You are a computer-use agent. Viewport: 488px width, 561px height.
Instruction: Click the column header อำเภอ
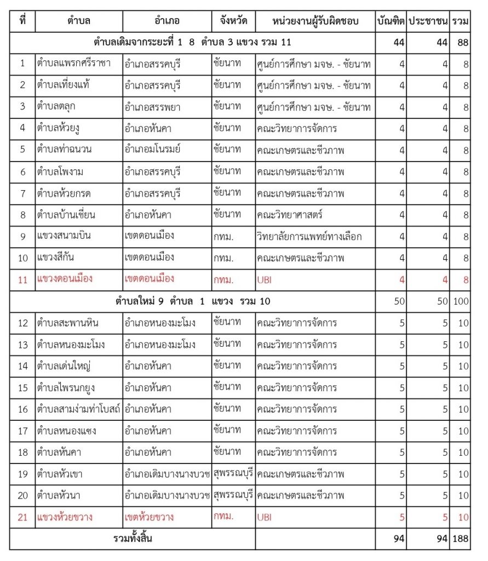pyautogui.click(x=167, y=21)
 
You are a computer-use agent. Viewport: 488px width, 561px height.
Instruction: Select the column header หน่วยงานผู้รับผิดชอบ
pyautogui.click(x=315, y=21)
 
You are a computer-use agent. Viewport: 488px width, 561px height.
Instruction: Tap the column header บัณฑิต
pyautogui.click(x=391, y=21)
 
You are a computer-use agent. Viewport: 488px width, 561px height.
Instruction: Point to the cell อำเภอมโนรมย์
pyautogui.click(x=153, y=150)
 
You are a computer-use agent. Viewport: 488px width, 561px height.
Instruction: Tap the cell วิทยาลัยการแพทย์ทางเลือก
pyautogui.click(x=309, y=236)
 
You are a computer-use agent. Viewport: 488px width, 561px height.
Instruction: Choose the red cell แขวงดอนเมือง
pyautogui.click(x=65, y=279)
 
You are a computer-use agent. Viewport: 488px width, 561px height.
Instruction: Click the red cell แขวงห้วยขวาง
pyautogui.click(x=65, y=516)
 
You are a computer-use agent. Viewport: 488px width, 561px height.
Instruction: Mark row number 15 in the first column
pyautogui.click(x=22, y=388)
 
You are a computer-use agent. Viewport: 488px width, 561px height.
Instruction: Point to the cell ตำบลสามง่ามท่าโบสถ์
pyautogui.click(x=79, y=409)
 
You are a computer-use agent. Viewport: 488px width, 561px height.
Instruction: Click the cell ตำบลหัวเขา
pyautogui.click(x=60, y=473)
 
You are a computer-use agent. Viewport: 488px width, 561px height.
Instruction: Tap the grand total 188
pyautogui.click(x=461, y=539)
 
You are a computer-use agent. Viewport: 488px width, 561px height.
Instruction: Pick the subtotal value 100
pyautogui.click(x=461, y=301)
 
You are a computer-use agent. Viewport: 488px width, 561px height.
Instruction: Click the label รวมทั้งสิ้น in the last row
pyautogui.click(x=133, y=539)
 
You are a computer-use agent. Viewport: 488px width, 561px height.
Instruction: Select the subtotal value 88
pyautogui.click(x=463, y=43)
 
